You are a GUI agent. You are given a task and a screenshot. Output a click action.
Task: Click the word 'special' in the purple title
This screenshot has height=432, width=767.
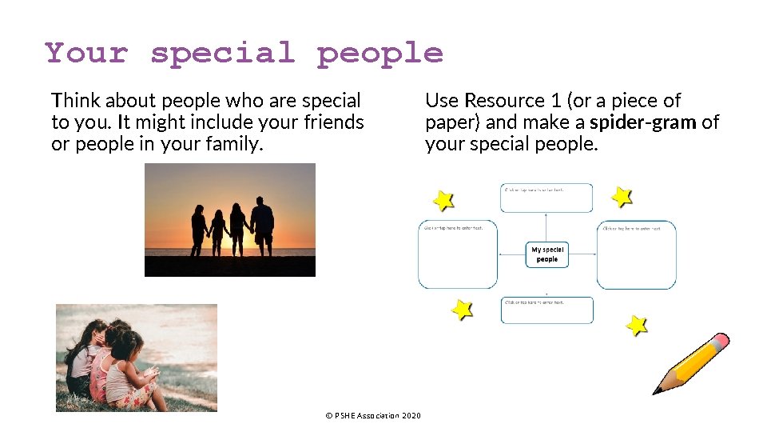(x=223, y=54)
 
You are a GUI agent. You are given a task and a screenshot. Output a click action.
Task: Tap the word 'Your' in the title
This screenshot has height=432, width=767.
(x=86, y=54)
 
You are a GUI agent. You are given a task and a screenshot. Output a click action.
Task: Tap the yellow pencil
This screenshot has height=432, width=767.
(x=690, y=364)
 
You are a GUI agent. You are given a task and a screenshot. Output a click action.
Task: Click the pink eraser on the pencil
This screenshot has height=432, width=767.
(x=719, y=342)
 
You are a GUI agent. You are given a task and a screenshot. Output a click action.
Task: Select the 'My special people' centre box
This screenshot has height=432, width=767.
(x=547, y=254)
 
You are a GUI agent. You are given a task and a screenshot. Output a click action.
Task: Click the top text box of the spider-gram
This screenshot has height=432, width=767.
(x=547, y=198)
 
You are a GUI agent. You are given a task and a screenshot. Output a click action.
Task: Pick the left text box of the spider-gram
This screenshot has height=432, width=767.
(x=458, y=254)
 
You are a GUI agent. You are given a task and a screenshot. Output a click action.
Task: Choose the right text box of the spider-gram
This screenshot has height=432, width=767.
(x=636, y=254)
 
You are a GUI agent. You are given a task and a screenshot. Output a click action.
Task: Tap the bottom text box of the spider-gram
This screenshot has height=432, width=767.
(x=547, y=310)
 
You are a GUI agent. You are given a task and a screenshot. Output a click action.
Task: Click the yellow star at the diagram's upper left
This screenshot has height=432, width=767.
(x=443, y=200)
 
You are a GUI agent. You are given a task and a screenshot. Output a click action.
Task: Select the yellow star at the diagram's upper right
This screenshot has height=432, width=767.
(x=622, y=196)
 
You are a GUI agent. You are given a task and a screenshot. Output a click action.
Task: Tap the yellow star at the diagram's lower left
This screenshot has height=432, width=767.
(x=462, y=309)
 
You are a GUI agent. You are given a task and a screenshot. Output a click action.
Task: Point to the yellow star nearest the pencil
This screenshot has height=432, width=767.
(x=636, y=325)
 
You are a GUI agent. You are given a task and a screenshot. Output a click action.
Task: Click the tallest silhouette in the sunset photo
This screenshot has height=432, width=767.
(x=261, y=225)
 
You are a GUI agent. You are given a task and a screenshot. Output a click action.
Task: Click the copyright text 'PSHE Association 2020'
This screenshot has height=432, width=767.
(x=373, y=415)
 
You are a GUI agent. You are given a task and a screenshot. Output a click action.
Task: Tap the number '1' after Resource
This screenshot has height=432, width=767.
(x=556, y=101)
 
